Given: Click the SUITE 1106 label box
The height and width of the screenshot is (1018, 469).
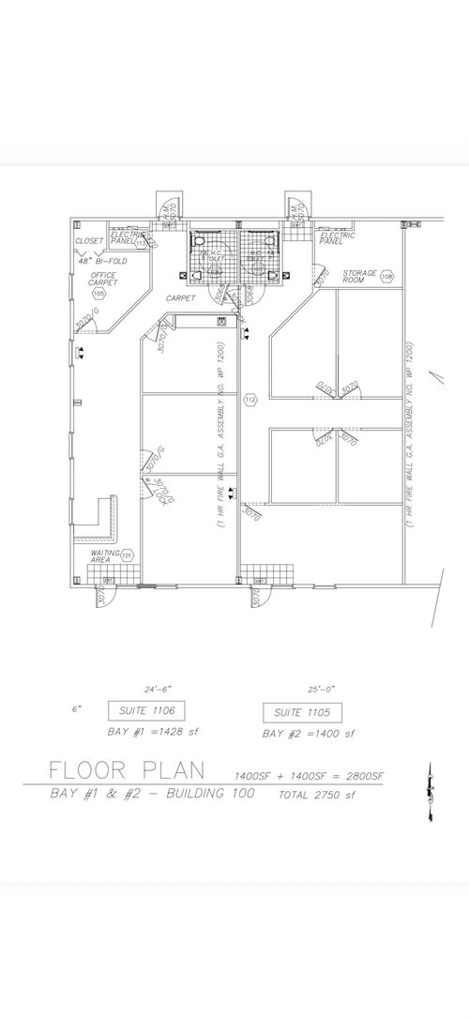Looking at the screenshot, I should (x=144, y=710).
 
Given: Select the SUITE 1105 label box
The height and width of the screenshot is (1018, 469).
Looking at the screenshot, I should (x=302, y=711).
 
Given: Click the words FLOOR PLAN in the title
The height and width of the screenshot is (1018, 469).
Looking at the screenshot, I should (x=128, y=771).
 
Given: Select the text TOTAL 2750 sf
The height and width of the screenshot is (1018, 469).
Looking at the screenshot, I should (x=317, y=795).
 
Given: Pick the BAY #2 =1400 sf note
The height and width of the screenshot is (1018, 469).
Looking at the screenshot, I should (x=309, y=733).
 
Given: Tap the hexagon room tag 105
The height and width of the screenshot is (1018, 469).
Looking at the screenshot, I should (x=99, y=294).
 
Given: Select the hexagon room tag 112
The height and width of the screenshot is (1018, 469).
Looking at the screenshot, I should (x=250, y=401).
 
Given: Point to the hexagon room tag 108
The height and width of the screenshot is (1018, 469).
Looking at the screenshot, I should (x=386, y=277).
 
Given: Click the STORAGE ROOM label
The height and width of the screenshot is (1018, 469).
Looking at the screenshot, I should (x=358, y=276).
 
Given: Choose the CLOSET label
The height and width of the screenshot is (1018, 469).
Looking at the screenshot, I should (x=90, y=241).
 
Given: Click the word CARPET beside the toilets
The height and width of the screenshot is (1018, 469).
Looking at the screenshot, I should (x=180, y=297).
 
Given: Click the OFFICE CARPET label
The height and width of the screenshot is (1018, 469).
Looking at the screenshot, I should (x=103, y=279).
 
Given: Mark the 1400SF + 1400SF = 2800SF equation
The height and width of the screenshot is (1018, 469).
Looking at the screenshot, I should (x=310, y=775).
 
